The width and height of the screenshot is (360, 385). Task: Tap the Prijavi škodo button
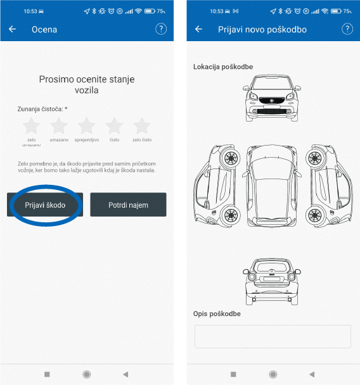pos(45,205)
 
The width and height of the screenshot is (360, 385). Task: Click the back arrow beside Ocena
pos(12,29)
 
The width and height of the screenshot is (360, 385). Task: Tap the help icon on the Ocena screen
pos(161,29)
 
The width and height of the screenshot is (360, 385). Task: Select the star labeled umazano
pos(59,126)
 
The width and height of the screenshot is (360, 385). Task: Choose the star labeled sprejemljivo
pos(86,126)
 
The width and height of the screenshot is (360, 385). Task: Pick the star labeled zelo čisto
pos(142,126)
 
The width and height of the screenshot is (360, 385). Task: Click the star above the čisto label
pos(114,126)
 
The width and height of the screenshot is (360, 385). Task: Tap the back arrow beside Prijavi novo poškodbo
pos(198,29)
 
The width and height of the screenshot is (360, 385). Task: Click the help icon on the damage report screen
pos(347,29)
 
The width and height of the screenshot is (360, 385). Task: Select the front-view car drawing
pos(272,98)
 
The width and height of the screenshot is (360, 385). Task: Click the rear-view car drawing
pos(272,282)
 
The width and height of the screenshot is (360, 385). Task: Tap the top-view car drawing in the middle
pos(272,186)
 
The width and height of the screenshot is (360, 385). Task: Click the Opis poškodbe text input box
pos(273,336)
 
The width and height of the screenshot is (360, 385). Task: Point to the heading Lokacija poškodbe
pos(223,66)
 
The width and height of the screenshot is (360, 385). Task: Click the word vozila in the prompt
pos(87,90)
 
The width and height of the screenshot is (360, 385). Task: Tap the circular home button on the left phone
pos(86,374)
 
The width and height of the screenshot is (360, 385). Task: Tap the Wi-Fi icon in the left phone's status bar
pos(139,11)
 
